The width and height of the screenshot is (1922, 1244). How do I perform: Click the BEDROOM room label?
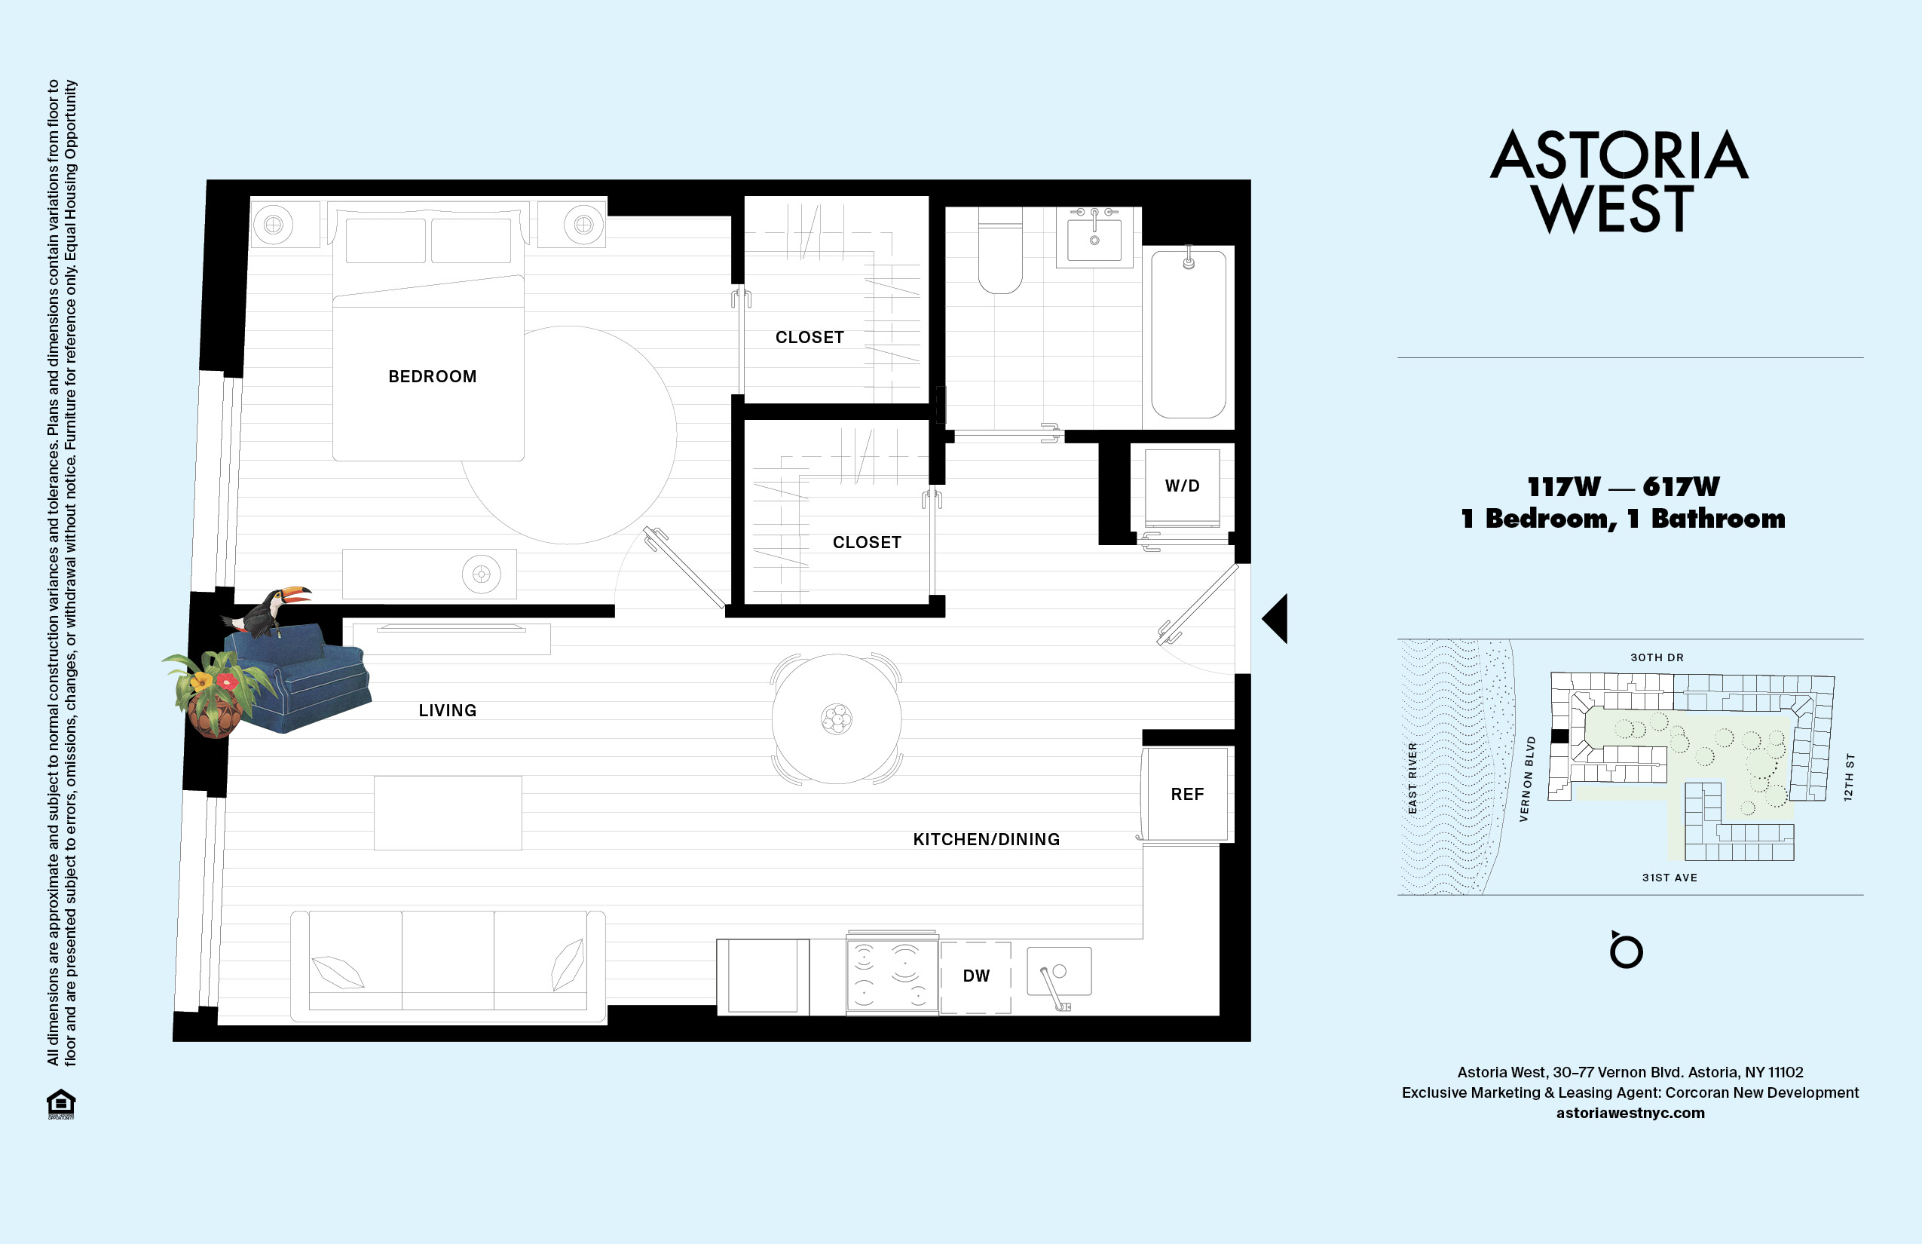pyautogui.click(x=432, y=376)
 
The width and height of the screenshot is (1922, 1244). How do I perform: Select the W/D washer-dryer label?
pyautogui.click(x=1182, y=486)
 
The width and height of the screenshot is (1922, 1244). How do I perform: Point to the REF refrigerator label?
pyautogui.click(x=1186, y=794)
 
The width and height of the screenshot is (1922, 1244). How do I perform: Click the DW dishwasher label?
pyautogui.click(x=975, y=976)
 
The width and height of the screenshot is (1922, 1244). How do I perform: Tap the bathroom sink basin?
pyautogui.click(x=1094, y=238)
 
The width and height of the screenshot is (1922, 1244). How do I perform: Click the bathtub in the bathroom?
pyautogui.click(x=1188, y=336)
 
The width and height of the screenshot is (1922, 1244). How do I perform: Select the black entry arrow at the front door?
pyautogui.click(x=1275, y=619)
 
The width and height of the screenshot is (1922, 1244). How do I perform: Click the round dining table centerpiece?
pyautogui.click(x=837, y=718)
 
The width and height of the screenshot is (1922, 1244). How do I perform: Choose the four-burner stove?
pyautogui.click(x=892, y=975)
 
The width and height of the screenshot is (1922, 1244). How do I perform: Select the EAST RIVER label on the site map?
pyautogui.click(x=1412, y=778)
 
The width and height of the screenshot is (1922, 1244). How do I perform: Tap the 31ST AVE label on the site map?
pyautogui.click(x=1670, y=878)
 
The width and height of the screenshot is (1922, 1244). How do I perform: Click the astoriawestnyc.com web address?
pyautogui.click(x=1630, y=1113)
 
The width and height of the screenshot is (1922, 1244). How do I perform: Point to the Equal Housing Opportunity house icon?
pyautogui.click(x=60, y=1104)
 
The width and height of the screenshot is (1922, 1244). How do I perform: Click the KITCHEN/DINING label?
pyautogui.click(x=986, y=839)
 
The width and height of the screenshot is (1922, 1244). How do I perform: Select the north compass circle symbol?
pyautogui.click(x=1626, y=951)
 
